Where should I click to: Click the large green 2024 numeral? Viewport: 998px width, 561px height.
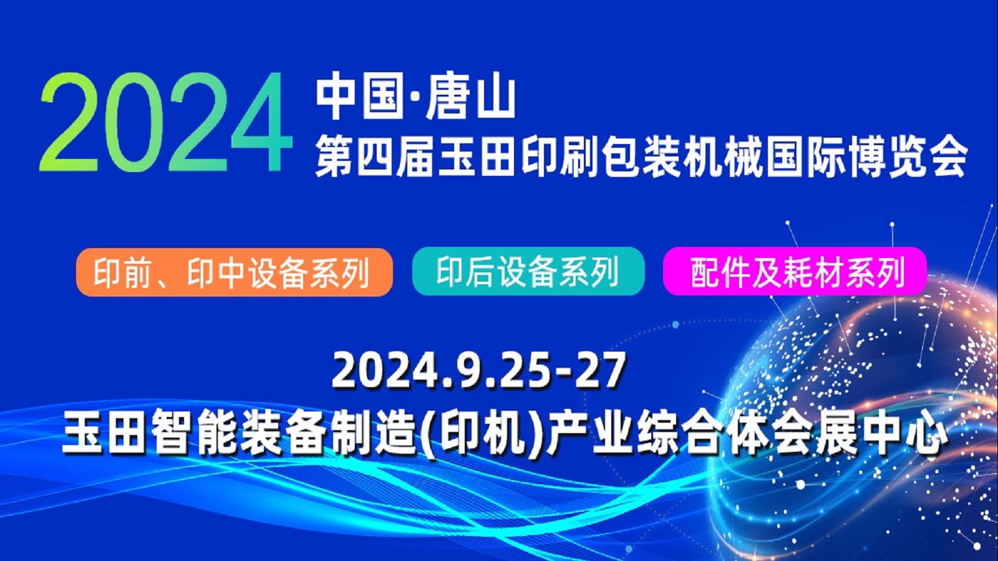click(x=165, y=122)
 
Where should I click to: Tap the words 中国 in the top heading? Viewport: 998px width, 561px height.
click(x=357, y=98)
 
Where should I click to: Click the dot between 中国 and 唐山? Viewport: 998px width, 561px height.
click(x=411, y=99)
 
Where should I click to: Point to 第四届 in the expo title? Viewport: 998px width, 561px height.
click(x=374, y=157)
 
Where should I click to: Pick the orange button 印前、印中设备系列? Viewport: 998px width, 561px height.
click(x=235, y=272)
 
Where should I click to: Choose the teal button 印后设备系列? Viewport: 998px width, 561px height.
click(x=528, y=271)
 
